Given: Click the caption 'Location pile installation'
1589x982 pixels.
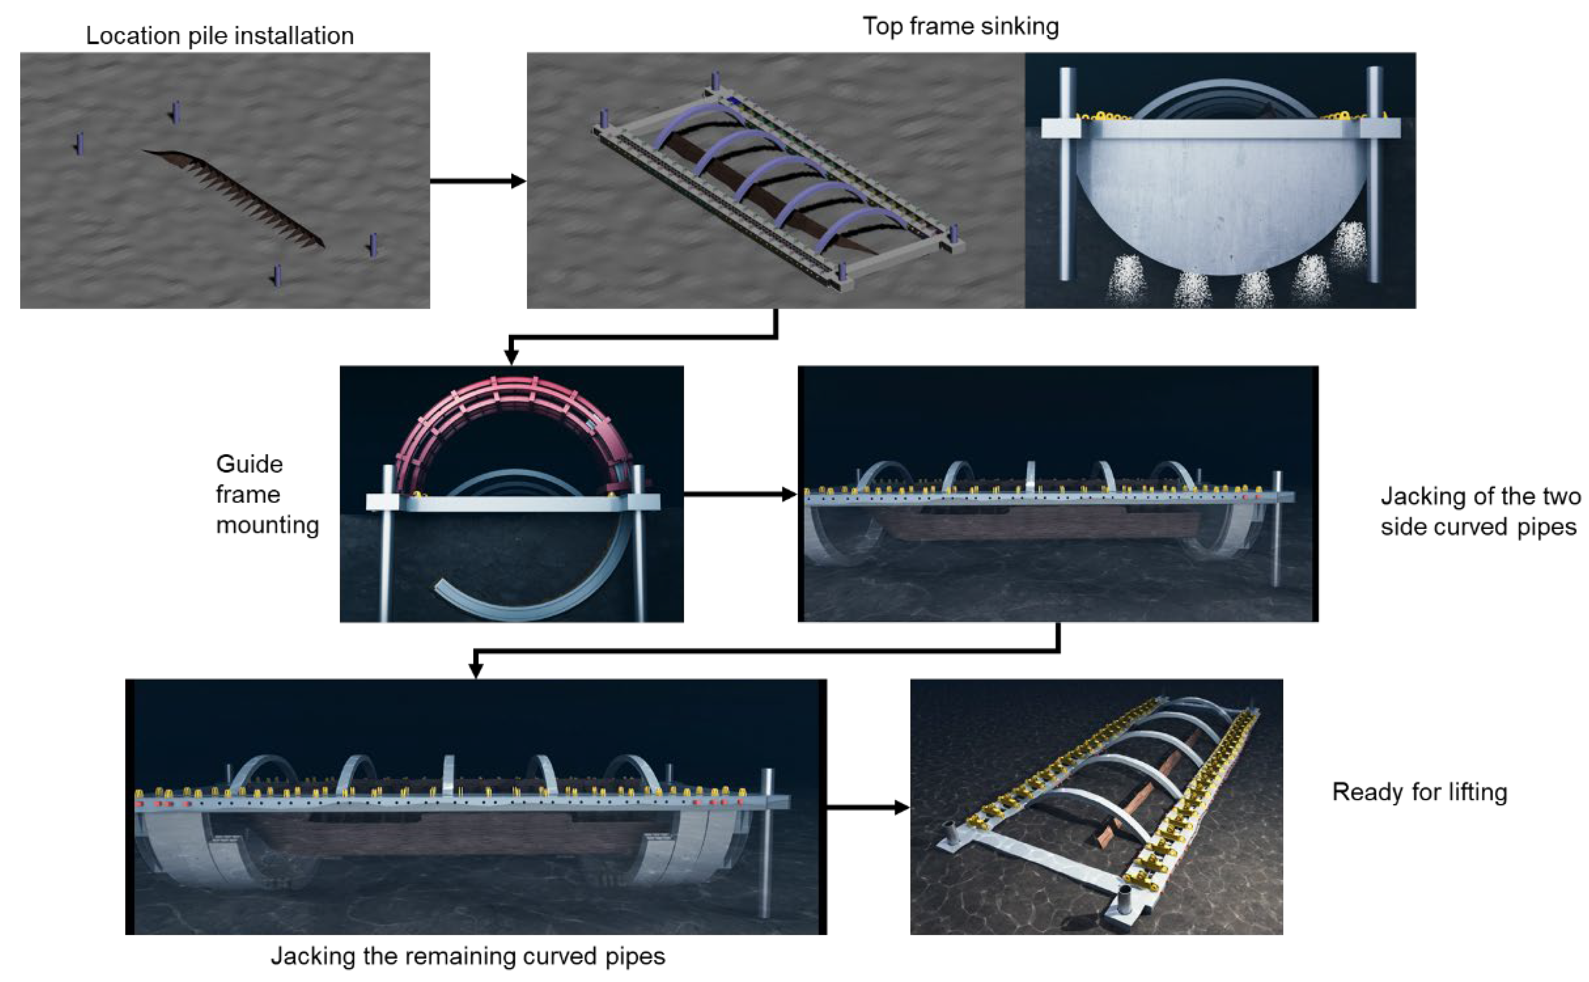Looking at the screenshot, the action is (x=219, y=36).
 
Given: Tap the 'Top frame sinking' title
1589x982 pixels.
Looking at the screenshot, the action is (x=960, y=26).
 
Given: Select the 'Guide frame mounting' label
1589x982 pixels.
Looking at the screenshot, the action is (x=266, y=494).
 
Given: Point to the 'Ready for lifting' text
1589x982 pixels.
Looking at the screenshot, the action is (x=1419, y=792).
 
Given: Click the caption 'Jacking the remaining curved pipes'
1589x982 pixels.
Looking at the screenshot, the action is (x=467, y=956).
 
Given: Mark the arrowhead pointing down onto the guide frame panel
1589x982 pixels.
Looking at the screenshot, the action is (x=511, y=357).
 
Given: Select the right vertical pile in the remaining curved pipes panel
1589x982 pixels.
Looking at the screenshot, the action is (x=767, y=844).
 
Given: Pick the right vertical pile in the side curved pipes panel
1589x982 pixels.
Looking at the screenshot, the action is (x=1277, y=529).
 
